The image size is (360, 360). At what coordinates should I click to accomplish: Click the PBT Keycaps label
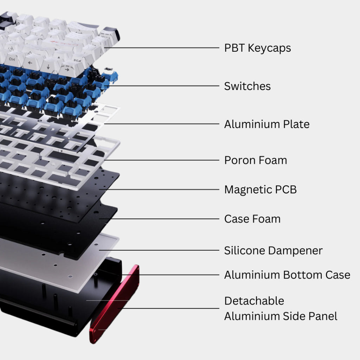pyautogui.click(x=257, y=48)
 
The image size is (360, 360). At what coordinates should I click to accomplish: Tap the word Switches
pyautogui.click(x=247, y=86)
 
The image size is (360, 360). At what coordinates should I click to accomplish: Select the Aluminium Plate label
pyautogui.click(x=267, y=124)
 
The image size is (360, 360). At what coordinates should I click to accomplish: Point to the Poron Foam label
pyautogui.click(x=256, y=160)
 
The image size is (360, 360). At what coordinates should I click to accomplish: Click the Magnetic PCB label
pyautogui.click(x=261, y=190)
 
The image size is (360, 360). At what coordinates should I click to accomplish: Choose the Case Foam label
pyautogui.click(x=252, y=219)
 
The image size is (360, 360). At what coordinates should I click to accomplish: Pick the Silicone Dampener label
pyautogui.click(x=273, y=251)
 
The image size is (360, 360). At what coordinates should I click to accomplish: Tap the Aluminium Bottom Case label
pyautogui.click(x=287, y=275)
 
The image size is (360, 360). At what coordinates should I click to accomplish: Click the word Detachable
pyautogui.click(x=254, y=301)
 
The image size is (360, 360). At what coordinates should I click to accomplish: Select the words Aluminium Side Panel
pyautogui.click(x=281, y=316)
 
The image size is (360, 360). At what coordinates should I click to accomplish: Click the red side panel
pyautogui.click(x=114, y=304)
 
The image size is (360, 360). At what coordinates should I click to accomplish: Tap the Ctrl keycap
pyautogui.click(x=13, y=60)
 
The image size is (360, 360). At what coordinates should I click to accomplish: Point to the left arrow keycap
pyautogui.click(x=31, y=63)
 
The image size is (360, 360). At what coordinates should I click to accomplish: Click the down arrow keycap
pyautogui.click(x=49, y=66)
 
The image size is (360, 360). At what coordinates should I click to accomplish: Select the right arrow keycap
pyautogui.click(x=67, y=69)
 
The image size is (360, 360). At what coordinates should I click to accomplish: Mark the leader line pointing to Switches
pyautogui.click(x=162, y=86)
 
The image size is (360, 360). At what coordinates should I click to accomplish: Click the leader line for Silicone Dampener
pyautogui.click(x=159, y=250)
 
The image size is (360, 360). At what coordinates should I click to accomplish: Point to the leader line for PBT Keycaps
pyautogui.click(x=162, y=48)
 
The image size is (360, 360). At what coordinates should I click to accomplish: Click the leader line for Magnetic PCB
pyautogui.click(x=159, y=189)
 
